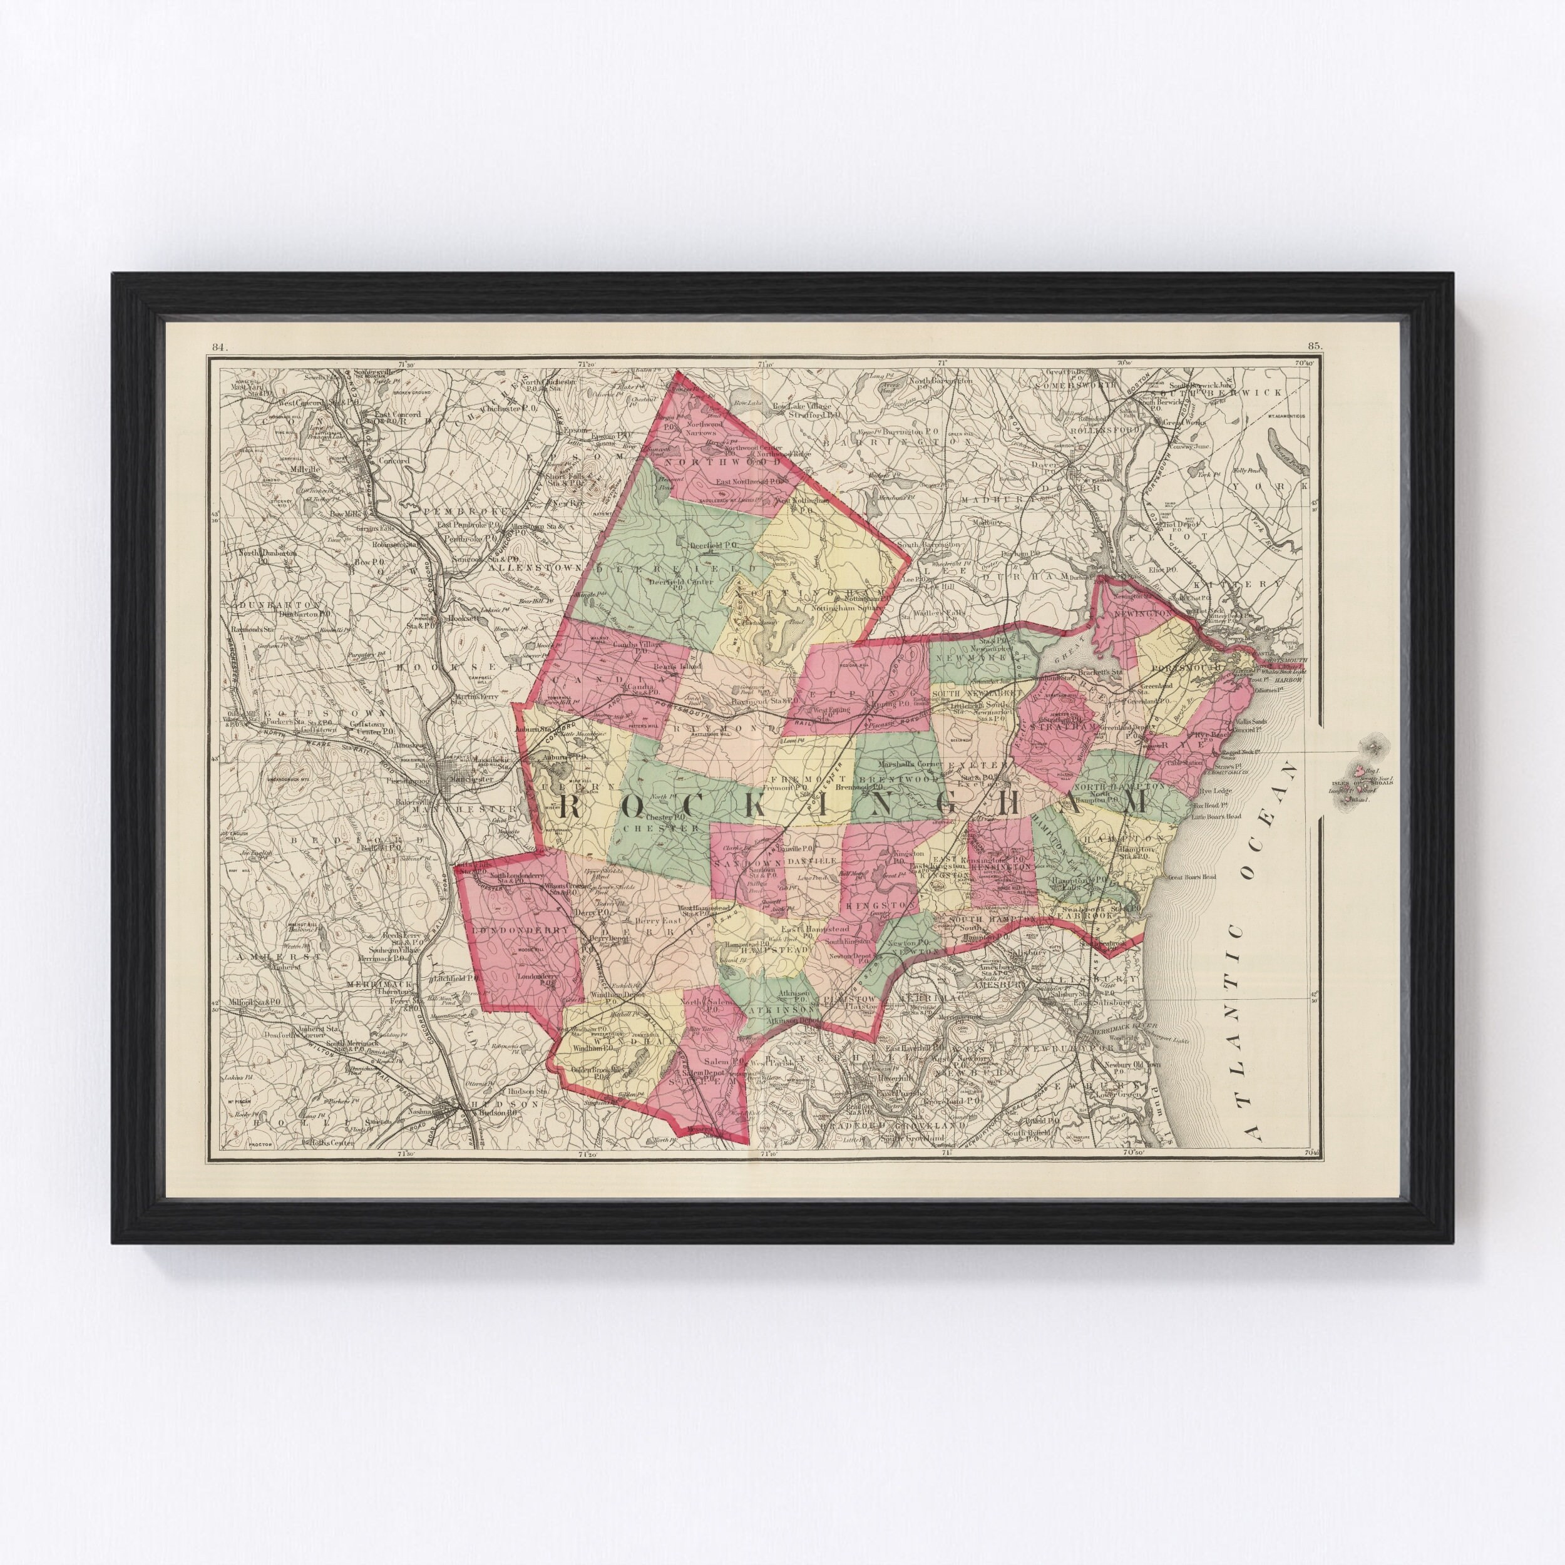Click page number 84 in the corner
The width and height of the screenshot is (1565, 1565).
(218, 346)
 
